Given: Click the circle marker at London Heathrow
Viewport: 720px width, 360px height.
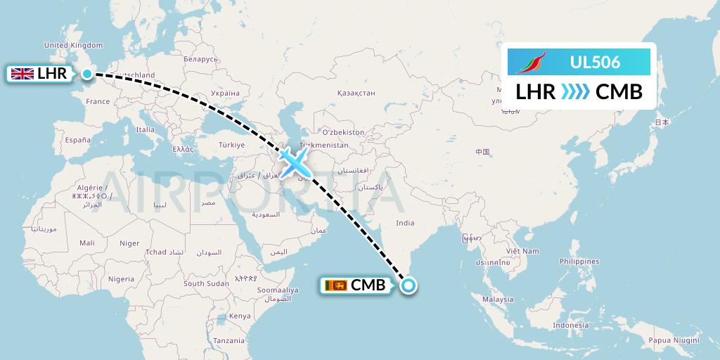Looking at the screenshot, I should [86, 74].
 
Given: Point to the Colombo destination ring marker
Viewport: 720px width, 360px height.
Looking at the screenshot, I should [409, 285].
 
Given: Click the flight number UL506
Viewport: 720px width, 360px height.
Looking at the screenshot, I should [595, 63].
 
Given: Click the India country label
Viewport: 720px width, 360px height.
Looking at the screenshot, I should [405, 223].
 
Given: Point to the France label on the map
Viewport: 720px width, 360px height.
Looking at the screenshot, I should [98, 101].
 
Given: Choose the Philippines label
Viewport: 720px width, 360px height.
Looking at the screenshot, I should [579, 261].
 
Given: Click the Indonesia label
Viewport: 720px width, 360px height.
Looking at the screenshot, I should [570, 326].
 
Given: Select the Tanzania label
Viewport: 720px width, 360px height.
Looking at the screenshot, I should [229, 340].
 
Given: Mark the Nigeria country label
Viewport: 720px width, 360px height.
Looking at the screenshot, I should [121, 278].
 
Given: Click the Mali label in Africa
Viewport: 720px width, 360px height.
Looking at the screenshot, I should [86, 243].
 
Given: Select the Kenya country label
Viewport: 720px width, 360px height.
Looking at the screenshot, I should [240, 316].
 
